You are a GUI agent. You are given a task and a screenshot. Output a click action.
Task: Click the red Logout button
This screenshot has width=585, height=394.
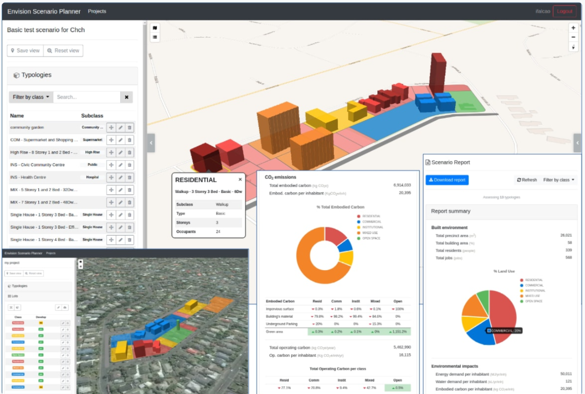point(564,11)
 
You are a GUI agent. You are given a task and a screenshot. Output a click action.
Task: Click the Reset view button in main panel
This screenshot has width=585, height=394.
point(63,51)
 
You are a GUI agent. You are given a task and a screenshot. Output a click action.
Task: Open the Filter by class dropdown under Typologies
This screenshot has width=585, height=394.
point(31,97)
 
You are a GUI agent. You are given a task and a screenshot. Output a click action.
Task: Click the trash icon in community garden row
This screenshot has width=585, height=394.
point(129,128)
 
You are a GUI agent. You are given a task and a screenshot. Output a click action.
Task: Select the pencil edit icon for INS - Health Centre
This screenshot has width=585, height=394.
point(120,177)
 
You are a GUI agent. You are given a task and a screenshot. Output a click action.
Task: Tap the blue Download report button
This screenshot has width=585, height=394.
point(447,180)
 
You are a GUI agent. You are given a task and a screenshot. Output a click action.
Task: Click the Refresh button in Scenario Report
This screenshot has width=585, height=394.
point(527,180)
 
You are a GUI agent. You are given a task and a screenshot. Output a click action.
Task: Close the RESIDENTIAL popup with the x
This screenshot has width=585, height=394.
point(240,180)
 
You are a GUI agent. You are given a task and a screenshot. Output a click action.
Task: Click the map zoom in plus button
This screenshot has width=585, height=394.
point(573,28)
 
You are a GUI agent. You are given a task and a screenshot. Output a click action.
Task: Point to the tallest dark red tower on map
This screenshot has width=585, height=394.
point(437,73)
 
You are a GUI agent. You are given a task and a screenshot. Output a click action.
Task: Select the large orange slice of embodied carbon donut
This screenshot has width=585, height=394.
point(315,261)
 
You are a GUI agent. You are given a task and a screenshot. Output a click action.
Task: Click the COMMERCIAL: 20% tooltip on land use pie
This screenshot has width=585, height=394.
point(505,330)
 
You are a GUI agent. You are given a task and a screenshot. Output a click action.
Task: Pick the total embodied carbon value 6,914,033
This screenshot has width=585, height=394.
point(402,185)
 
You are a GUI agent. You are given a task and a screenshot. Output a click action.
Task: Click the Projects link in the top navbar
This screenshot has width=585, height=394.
point(97,11)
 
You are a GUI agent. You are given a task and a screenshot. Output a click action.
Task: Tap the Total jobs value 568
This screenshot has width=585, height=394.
point(568,257)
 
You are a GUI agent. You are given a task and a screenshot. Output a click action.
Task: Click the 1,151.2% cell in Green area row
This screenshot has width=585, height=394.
point(397,332)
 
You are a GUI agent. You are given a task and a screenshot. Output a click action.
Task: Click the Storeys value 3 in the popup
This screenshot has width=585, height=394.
point(217,223)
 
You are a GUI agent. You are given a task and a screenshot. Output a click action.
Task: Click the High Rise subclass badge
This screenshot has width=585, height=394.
point(92,152)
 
